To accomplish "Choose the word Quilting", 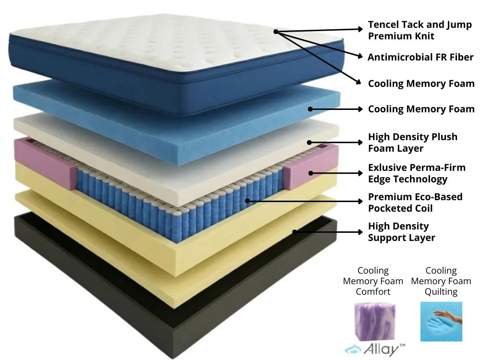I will point(441,291).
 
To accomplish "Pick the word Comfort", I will point(373,291).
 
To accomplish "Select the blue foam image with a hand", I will point(441,322).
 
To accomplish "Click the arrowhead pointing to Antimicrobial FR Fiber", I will point(360,56).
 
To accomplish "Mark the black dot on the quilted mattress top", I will point(276,32).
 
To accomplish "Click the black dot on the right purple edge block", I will point(311,173).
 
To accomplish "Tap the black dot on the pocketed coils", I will point(247,201).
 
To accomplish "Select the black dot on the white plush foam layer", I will point(310,143).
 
